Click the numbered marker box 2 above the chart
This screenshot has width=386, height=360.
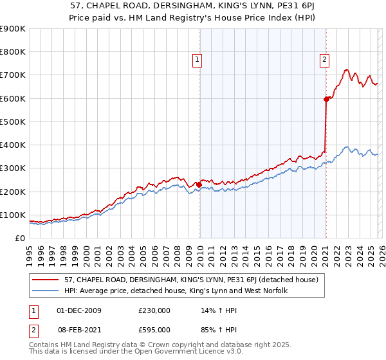click(x=325, y=60)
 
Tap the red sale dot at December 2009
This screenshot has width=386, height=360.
click(x=199, y=184)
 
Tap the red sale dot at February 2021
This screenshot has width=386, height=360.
click(x=326, y=99)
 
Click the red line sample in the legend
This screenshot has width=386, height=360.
click(x=46, y=279)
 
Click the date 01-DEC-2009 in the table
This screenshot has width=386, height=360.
click(x=78, y=310)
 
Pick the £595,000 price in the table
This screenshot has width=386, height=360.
click(x=154, y=328)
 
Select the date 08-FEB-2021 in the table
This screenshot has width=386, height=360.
click(x=78, y=328)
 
